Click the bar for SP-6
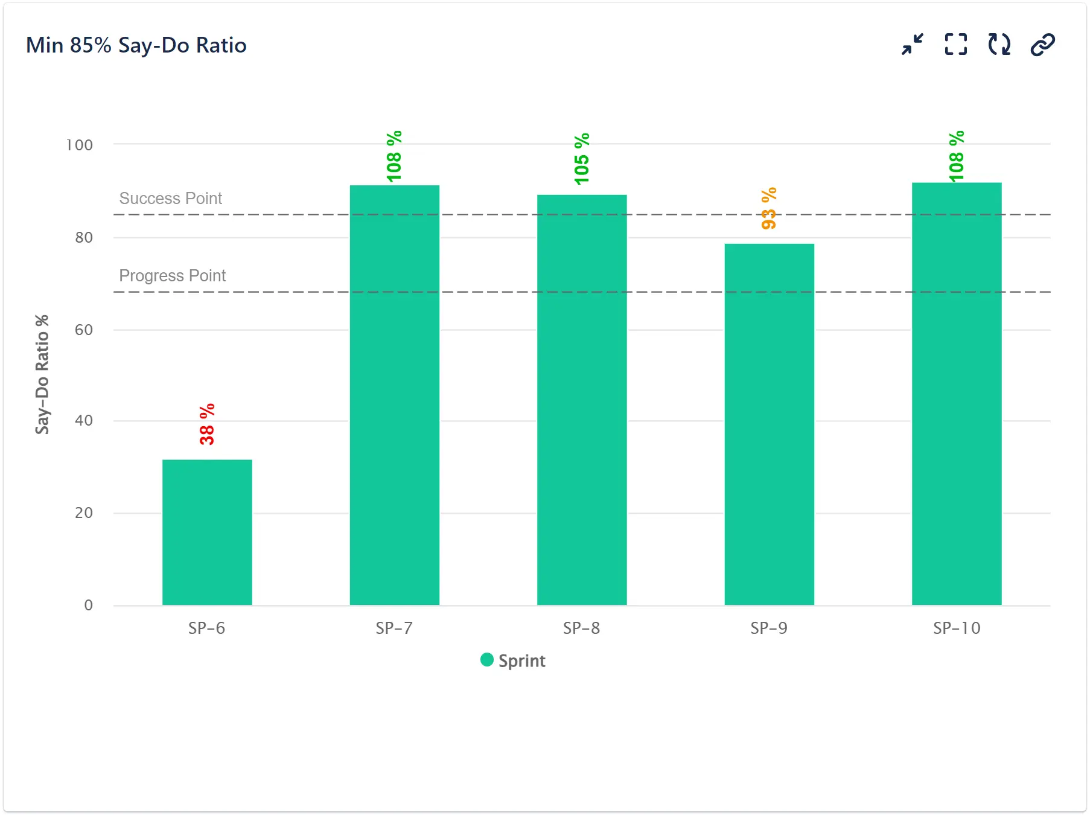(207, 532)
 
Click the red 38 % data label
(207, 424)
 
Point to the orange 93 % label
(769, 208)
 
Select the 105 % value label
(582, 159)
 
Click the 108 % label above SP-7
(394, 156)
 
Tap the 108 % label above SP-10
(957, 156)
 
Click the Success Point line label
(171, 198)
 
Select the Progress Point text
(172, 275)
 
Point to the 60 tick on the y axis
(84, 330)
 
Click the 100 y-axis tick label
(79, 145)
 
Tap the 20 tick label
(84, 513)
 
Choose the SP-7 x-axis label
(394, 628)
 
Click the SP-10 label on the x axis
(957, 628)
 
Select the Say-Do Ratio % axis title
(42, 374)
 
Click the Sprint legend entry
(514, 660)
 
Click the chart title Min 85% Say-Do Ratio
(136, 45)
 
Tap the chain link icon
(1042, 45)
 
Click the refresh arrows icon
(999, 45)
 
